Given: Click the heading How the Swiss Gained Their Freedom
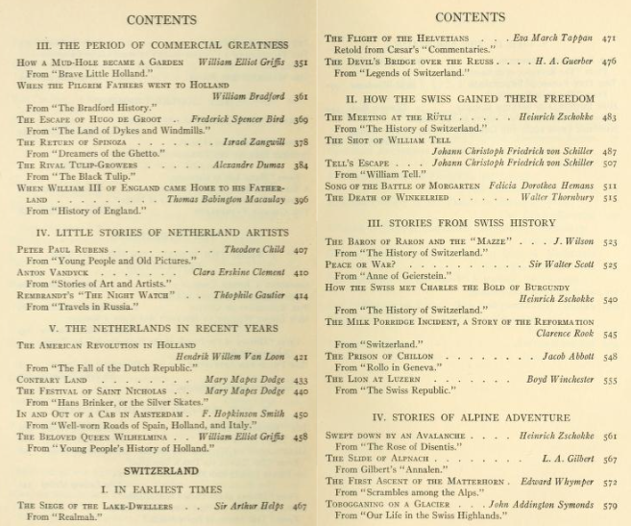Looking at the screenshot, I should (470, 99).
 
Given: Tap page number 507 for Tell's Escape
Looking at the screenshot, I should (609, 162).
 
